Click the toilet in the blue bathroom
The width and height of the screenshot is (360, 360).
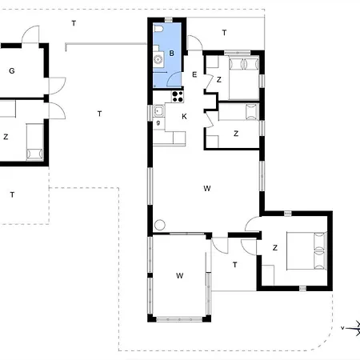click(x=158, y=29)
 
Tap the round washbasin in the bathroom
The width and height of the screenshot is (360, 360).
click(x=158, y=59)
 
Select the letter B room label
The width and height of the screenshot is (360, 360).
click(x=172, y=54)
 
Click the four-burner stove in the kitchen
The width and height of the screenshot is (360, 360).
click(x=178, y=97)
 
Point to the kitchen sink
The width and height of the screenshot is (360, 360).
click(x=159, y=110)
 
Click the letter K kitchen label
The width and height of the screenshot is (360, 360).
click(x=184, y=117)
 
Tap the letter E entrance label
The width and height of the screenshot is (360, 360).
click(x=194, y=74)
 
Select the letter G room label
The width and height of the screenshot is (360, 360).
click(x=12, y=71)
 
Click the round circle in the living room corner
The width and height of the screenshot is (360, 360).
click(x=160, y=225)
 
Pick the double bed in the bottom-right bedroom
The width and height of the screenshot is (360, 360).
click(x=306, y=251)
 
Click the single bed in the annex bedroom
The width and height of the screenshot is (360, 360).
click(x=34, y=142)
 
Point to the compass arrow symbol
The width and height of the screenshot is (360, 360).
click(x=351, y=328)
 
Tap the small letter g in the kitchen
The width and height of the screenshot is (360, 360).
click(x=158, y=123)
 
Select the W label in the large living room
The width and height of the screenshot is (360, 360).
click(x=207, y=188)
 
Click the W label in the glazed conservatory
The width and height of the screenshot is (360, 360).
click(x=180, y=275)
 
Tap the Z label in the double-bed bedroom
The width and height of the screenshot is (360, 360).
click(x=275, y=248)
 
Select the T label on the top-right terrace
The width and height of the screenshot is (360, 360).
click(x=224, y=33)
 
